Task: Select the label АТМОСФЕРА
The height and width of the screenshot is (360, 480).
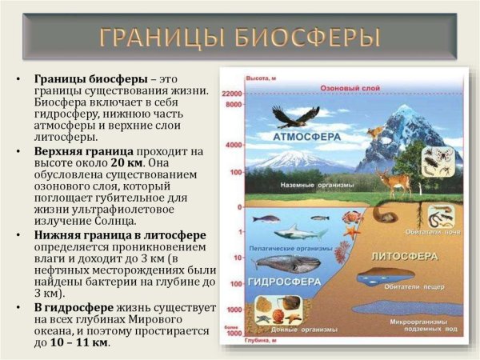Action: tap(307, 137)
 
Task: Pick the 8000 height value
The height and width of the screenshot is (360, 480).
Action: tap(234, 105)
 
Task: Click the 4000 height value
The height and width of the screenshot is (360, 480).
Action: tap(234, 146)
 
